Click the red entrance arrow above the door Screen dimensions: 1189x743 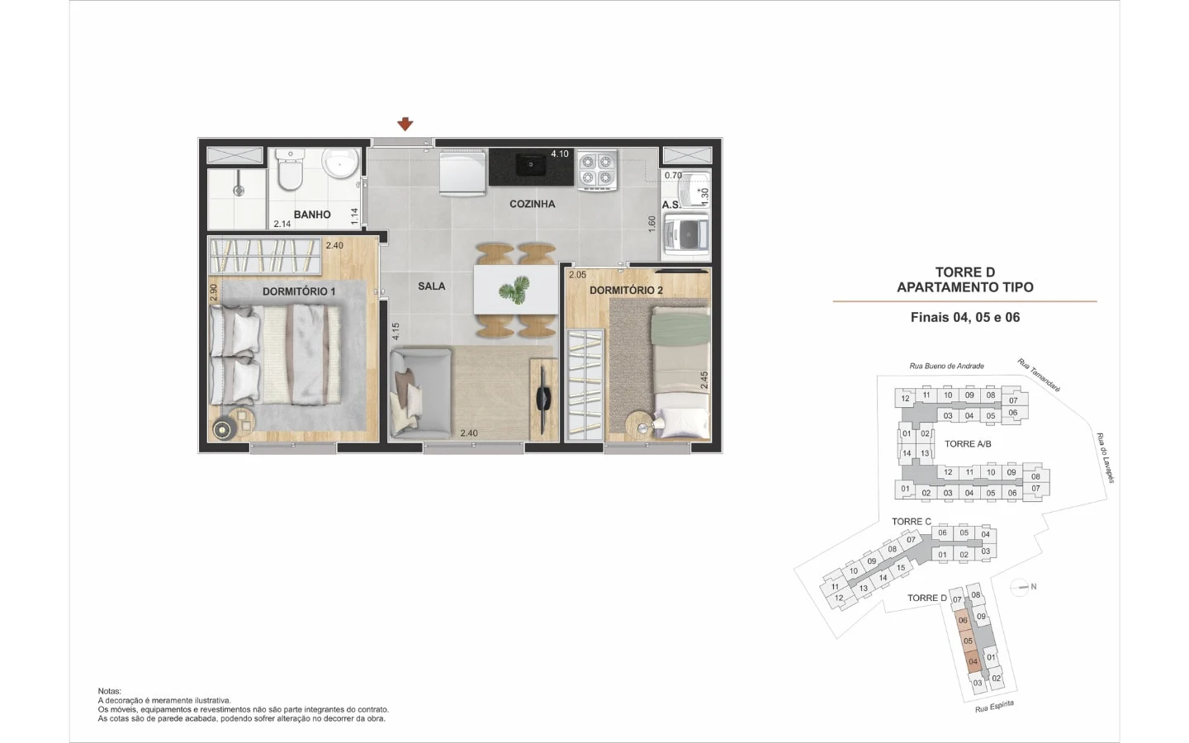click(x=405, y=124)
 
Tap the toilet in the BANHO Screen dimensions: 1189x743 click(x=290, y=169)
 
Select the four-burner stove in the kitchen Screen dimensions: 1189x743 click(x=597, y=169)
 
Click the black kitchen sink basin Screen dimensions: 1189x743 click(x=532, y=164)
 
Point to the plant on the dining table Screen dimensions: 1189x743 click(x=514, y=290)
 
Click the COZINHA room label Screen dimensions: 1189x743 click(x=533, y=204)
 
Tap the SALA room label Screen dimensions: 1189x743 click(x=432, y=286)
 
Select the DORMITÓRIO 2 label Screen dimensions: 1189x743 click(x=627, y=291)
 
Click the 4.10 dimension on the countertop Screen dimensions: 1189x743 click(x=560, y=154)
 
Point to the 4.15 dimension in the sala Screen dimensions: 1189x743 click(x=396, y=332)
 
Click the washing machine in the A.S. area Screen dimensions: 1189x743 click(x=687, y=234)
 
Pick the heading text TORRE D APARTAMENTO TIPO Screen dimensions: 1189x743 click(x=965, y=280)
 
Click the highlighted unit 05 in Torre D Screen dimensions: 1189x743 click(x=968, y=641)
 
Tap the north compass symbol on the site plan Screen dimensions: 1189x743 click(x=1020, y=587)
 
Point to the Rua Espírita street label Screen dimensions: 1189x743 click(x=994, y=707)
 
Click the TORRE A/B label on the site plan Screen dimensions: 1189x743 click(x=968, y=443)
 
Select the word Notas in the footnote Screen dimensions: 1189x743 click(x=109, y=691)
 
